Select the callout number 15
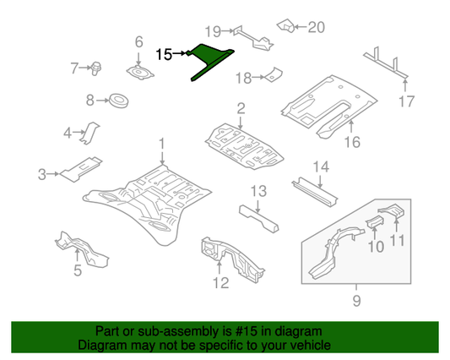(x=165, y=54)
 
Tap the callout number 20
(x=315, y=26)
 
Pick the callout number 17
(x=406, y=103)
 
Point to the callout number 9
(x=355, y=300)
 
